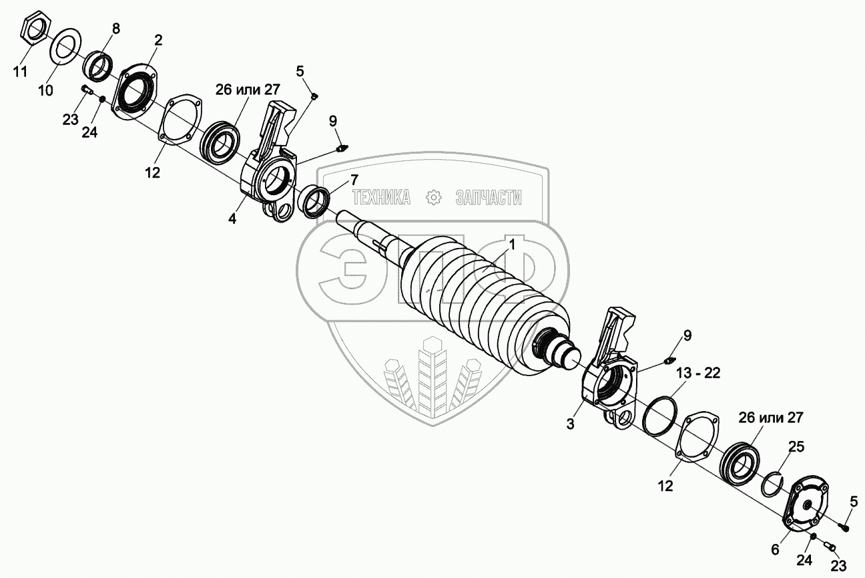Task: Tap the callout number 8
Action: pos(116,29)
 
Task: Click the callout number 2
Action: pos(158,40)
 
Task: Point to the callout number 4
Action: pos(232,218)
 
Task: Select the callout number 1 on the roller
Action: pos(512,245)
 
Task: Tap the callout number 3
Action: pos(571,424)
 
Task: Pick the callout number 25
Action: pos(796,446)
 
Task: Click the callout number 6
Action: pos(775,549)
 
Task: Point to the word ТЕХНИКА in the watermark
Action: pos(380,197)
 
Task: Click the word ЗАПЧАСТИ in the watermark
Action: pos(488,197)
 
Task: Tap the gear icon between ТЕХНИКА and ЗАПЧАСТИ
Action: pos(434,197)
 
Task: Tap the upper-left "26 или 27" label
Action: pos(248,90)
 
